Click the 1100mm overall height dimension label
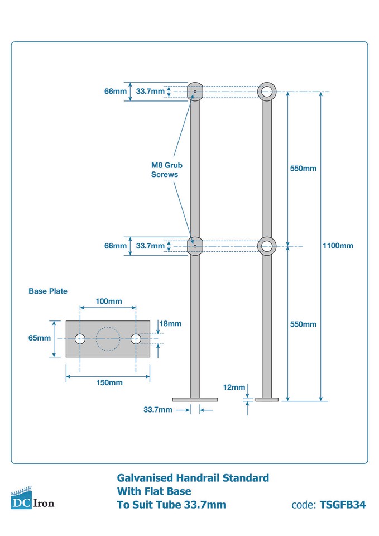click(x=338, y=246)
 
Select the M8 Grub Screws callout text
click(x=166, y=170)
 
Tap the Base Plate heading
click(x=48, y=291)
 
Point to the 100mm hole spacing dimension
click(x=108, y=301)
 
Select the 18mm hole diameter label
click(x=170, y=323)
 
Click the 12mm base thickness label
click(x=234, y=387)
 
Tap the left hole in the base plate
click(x=80, y=338)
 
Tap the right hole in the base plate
click(x=136, y=338)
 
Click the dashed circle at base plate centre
click(x=108, y=338)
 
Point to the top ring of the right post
click(x=267, y=92)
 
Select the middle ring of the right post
click(x=267, y=246)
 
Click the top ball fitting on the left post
click(x=195, y=91)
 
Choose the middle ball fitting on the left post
click(x=195, y=245)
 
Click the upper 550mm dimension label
click(x=303, y=168)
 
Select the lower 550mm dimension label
click(x=303, y=324)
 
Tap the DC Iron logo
click(x=32, y=499)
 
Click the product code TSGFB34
click(x=343, y=505)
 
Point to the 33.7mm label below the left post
click(x=158, y=410)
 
